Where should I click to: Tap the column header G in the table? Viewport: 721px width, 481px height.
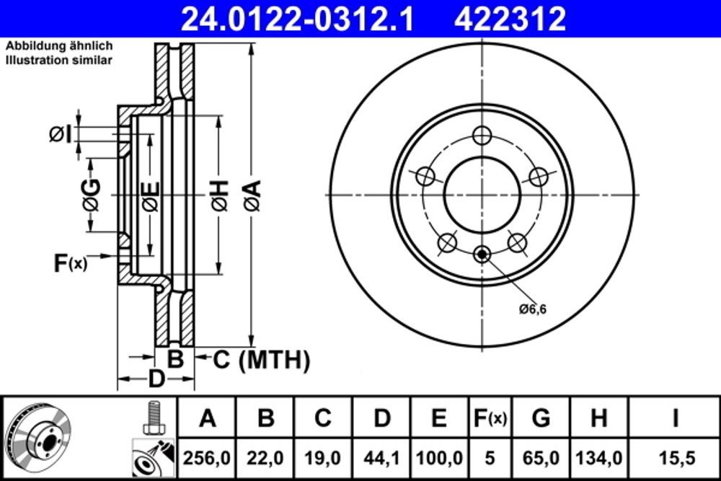pos(540,418)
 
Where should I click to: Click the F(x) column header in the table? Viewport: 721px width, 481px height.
pos(489,418)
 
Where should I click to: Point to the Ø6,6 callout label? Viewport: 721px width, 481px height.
pos(533,309)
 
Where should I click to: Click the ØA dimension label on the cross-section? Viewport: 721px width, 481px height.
pos(251,195)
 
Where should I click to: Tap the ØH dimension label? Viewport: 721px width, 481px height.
pos(219,195)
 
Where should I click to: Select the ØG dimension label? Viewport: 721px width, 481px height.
pos(90,195)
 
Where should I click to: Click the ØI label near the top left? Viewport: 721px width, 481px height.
pos(60,134)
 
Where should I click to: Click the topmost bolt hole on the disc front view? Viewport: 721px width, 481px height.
pos(482,136)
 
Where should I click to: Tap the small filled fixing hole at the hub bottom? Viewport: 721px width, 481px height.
pos(482,253)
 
